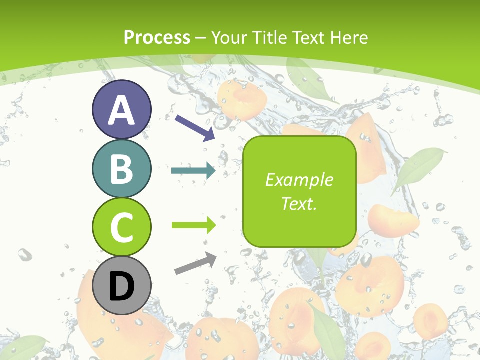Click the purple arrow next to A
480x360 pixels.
point(195,127)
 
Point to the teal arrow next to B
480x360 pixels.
point(193,171)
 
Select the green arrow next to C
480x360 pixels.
point(194,225)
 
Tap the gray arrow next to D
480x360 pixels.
point(196,263)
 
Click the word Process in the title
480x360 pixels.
point(157,37)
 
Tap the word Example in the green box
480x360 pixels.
point(299,180)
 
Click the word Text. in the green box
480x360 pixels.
point(299,203)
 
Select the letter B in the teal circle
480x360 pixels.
point(121,169)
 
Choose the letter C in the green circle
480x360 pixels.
point(121,227)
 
